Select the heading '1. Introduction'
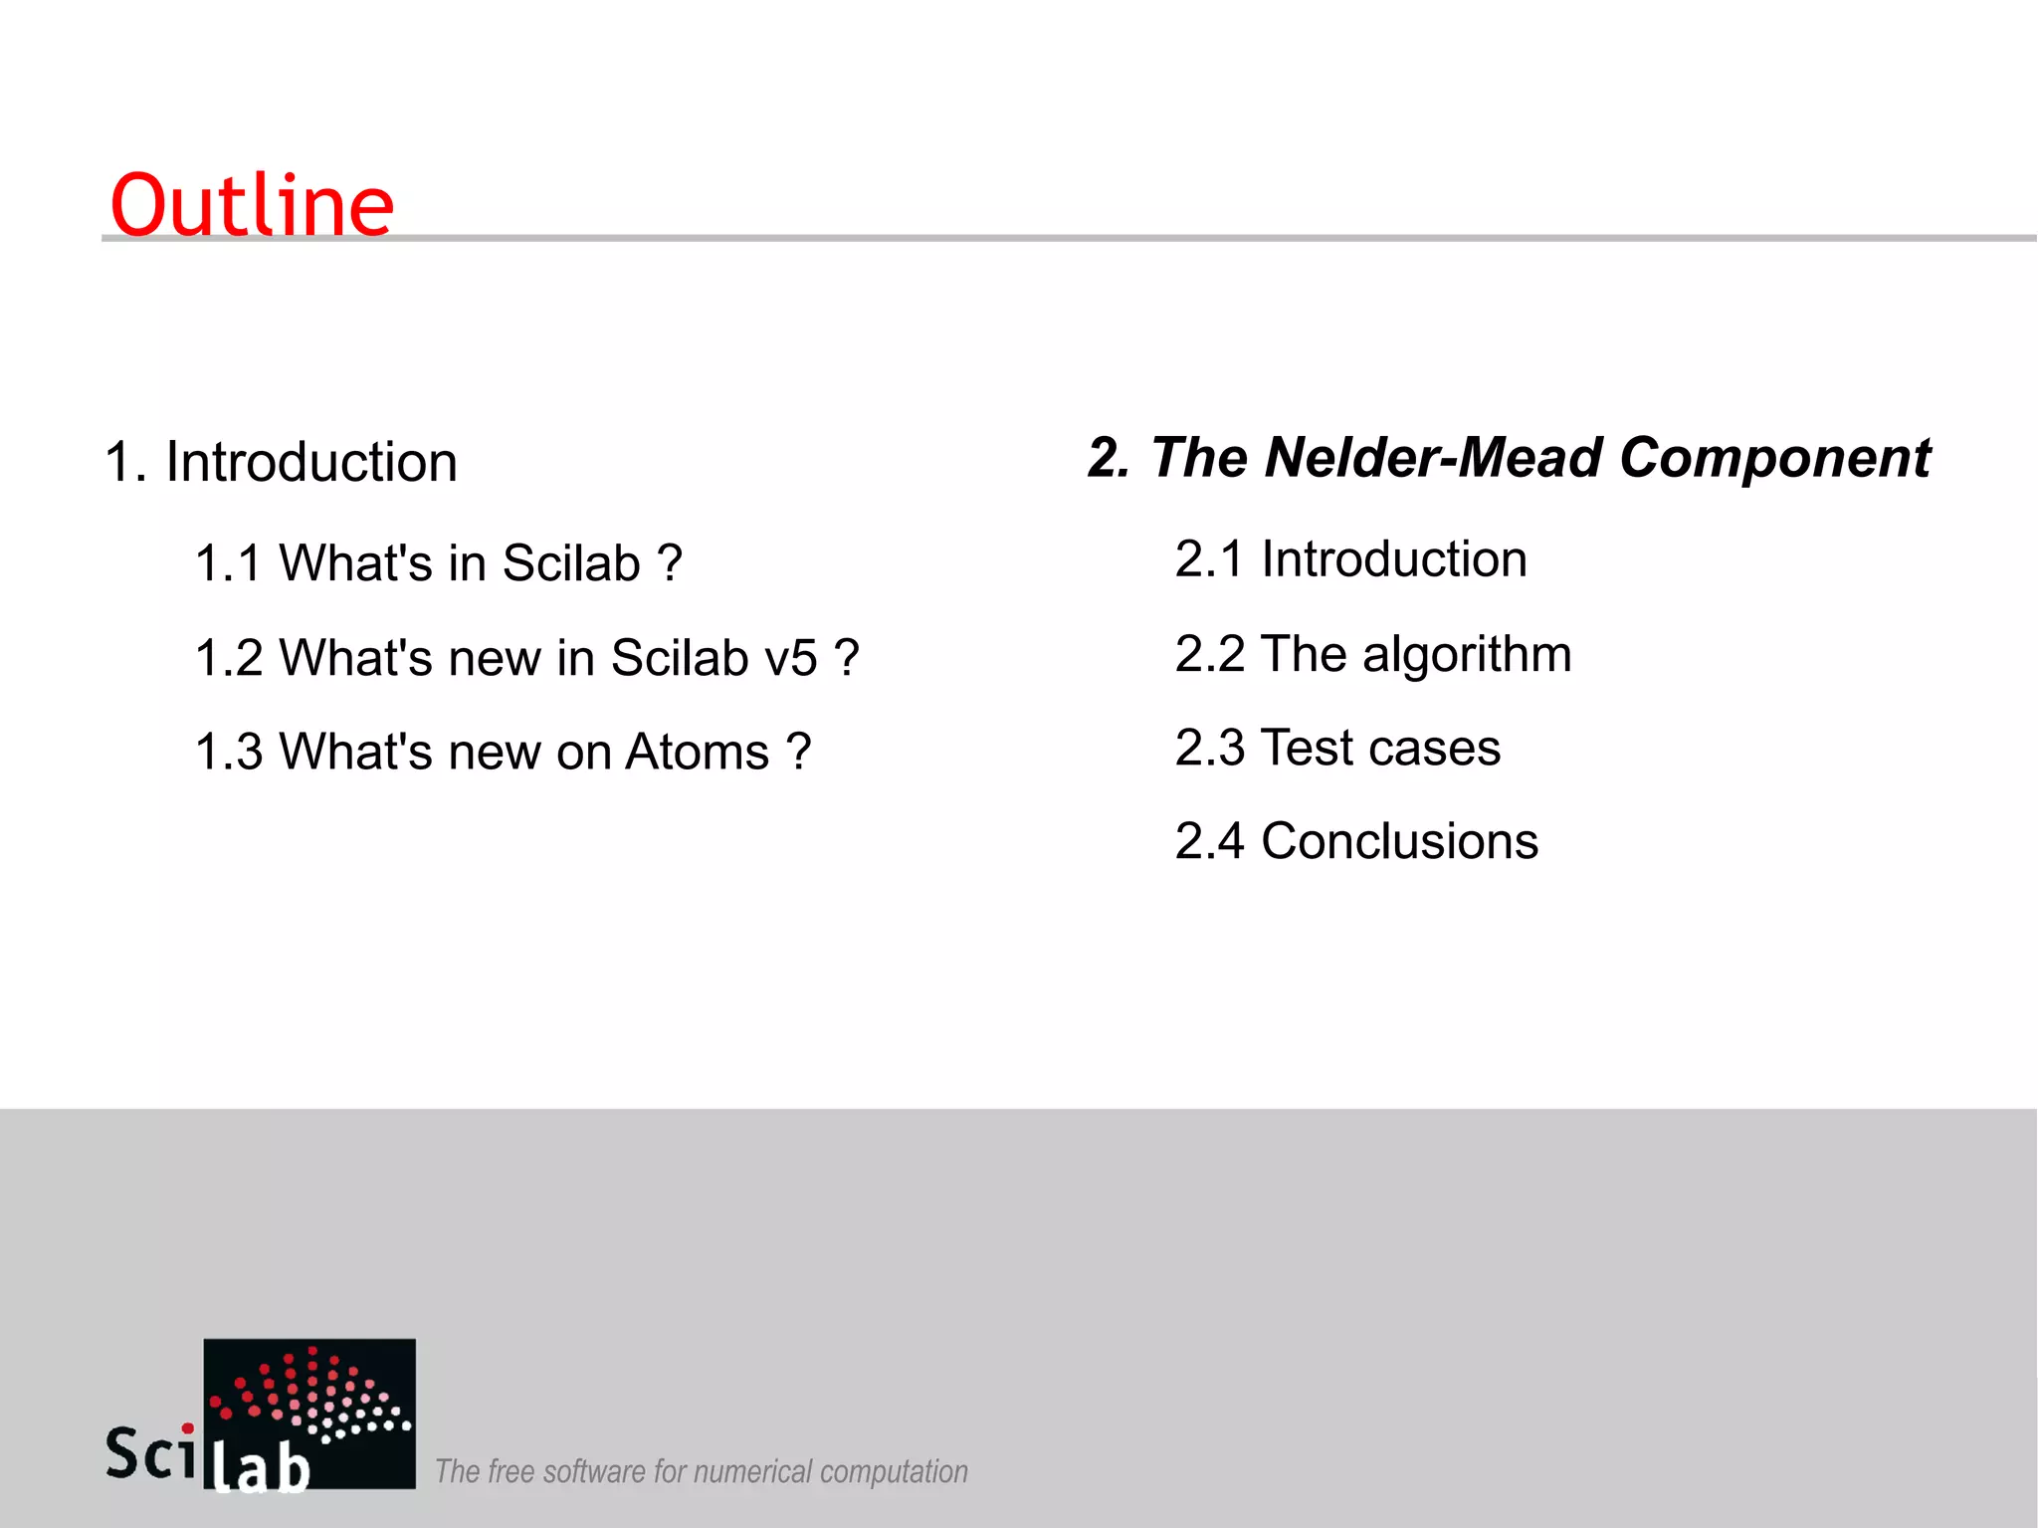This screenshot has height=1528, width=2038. pyautogui.click(x=281, y=462)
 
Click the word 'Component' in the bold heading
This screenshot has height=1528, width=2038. pyautogui.click(x=1774, y=458)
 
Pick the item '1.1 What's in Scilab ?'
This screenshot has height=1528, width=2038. pyautogui.click(x=438, y=563)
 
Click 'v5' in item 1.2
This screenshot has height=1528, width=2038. pyautogui.click(x=791, y=658)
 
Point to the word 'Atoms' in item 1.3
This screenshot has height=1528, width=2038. pyautogui.click(x=697, y=752)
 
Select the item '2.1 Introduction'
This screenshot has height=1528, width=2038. pyautogui.click(x=1350, y=558)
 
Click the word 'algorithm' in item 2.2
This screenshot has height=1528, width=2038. pyautogui.click(x=1467, y=655)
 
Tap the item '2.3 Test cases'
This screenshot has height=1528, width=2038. pyautogui.click(x=1337, y=748)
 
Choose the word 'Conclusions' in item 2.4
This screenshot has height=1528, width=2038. pyautogui.click(x=1399, y=841)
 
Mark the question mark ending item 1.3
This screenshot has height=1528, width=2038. pyautogui.click(x=798, y=752)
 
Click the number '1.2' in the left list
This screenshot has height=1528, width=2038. pyautogui.click(x=229, y=658)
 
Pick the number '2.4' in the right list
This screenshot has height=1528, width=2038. pyautogui.click(x=1209, y=841)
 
